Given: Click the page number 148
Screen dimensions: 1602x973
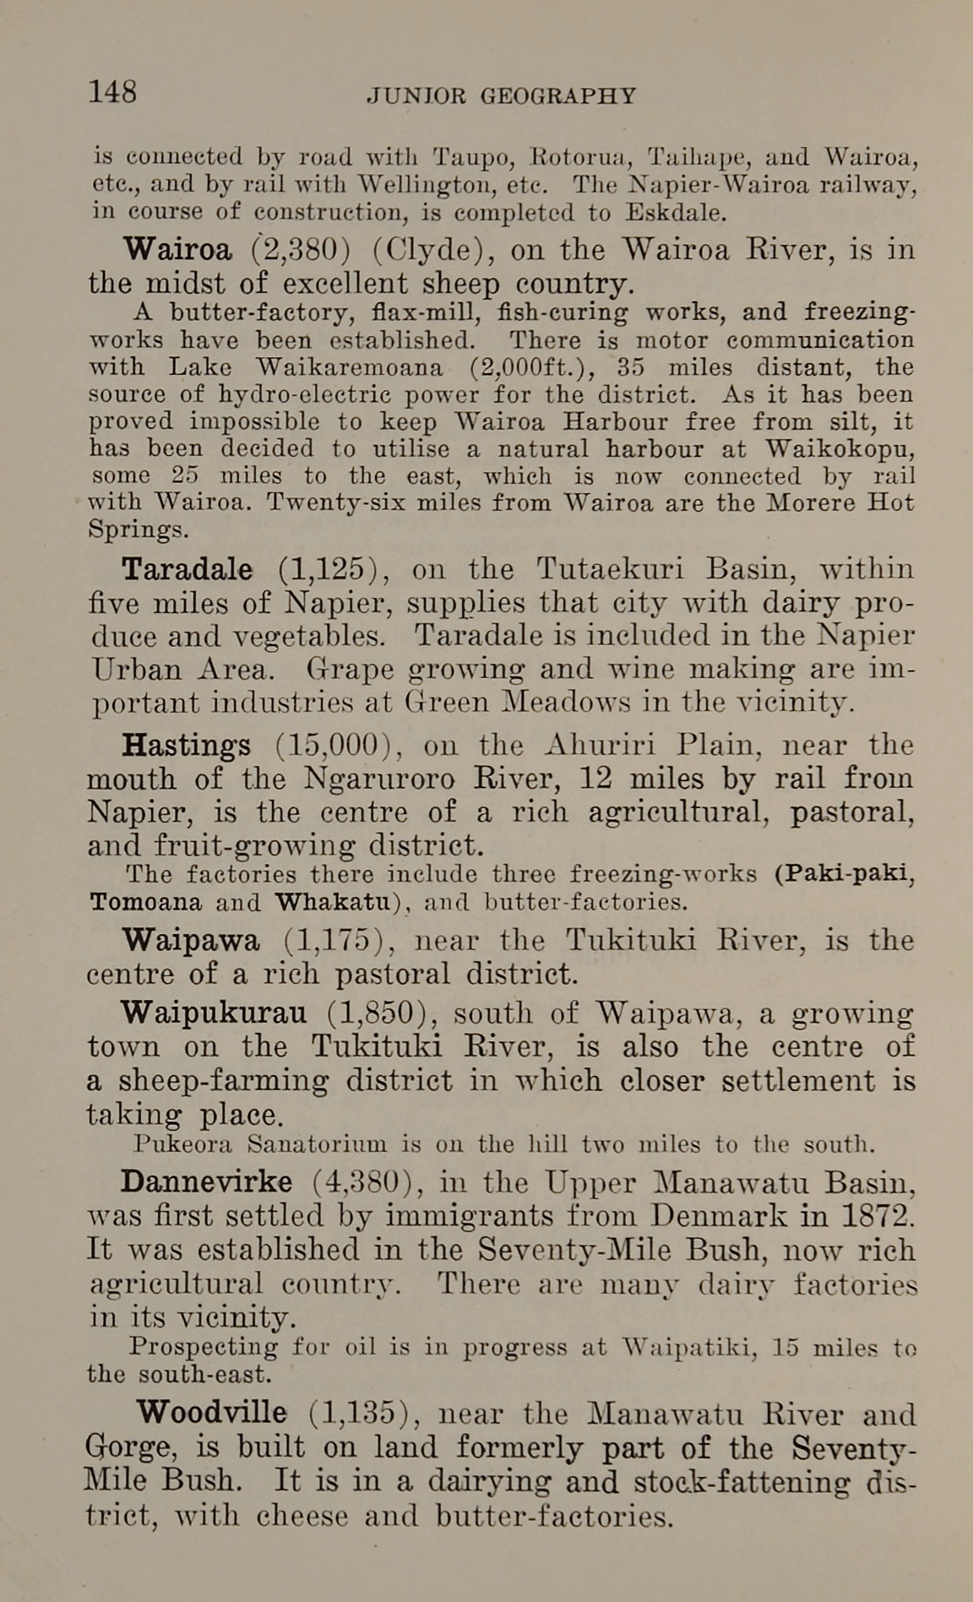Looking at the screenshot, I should click(113, 91).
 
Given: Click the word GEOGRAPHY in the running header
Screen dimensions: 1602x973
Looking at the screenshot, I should click(557, 95).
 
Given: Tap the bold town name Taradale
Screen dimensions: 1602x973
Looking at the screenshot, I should click(187, 569).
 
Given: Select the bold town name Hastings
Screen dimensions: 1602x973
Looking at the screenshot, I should click(186, 746).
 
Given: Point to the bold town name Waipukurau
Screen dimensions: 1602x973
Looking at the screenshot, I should click(214, 1013).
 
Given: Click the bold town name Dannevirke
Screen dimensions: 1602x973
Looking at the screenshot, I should click(206, 1182).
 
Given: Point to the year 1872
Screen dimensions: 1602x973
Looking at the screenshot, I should click(878, 1216).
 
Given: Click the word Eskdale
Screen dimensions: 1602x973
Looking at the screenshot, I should click(675, 212).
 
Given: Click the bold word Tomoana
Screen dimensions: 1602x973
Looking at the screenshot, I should click(145, 902).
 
